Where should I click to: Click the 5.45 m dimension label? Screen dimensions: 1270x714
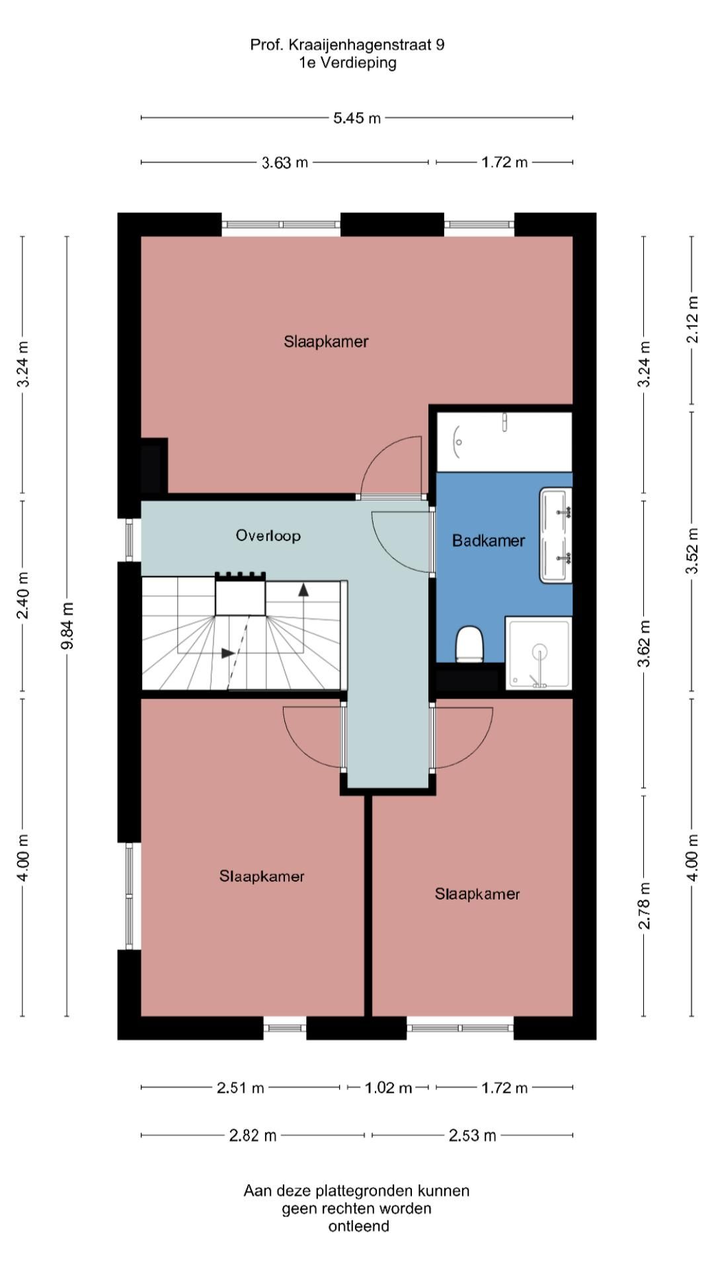click(357, 118)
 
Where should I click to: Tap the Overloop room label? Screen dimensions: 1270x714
click(268, 535)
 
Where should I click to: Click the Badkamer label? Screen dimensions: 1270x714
click(489, 540)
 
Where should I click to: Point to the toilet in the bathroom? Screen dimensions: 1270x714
click(470, 644)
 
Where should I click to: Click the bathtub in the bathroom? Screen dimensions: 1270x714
click(504, 442)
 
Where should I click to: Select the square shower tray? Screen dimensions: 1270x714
click(539, 653)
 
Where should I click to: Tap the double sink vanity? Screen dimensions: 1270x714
click(556, 535)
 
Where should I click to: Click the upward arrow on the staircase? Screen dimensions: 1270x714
click(303, 590)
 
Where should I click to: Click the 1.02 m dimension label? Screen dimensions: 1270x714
click(388, 1087)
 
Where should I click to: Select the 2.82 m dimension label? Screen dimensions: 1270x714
click(253, 1136)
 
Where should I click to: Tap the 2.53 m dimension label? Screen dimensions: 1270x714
click(472, 1136)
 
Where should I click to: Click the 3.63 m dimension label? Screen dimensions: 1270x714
click(285, 162)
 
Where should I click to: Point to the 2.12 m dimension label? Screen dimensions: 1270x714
click(692, 319)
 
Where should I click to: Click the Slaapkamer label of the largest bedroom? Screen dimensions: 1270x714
click(326, 341)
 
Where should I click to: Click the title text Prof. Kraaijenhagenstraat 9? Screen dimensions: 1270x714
click(347, 44)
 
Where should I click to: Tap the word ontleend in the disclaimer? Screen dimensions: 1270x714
click(358, 1226)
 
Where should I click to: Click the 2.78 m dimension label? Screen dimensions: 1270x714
click(644, 906)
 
